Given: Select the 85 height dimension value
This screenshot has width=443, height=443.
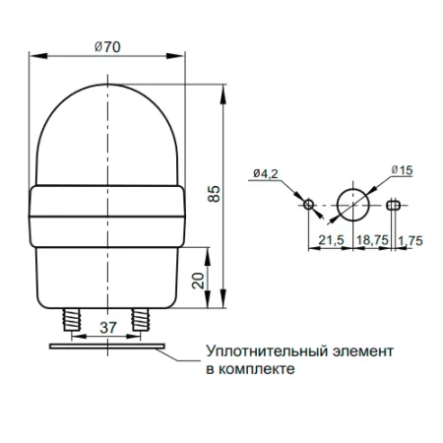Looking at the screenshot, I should pyautogui.click(x=214, y=195).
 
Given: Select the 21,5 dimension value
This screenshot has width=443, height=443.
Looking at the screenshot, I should pyautogui.click(x=330, y=240).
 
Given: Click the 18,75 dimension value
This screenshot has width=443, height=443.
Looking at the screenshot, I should pyautogui.click(x=371, y=240).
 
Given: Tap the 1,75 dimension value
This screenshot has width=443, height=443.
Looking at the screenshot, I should pyautogui.click(x=411, y=240).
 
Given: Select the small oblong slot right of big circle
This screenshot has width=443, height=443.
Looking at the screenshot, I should pyautogui.click(x=394, y=205).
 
